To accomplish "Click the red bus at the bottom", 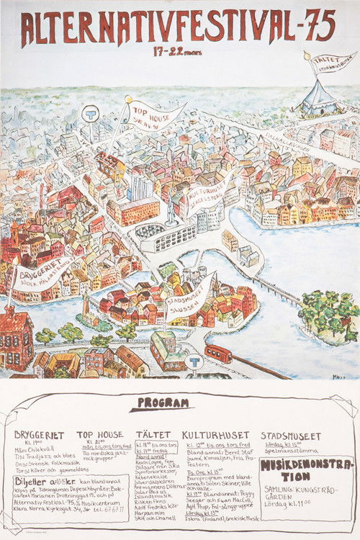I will (x=219, y=354).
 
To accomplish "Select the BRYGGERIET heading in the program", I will (x=39, y=435).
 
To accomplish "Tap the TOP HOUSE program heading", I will (x=99, y=435).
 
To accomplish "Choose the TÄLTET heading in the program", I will (x=153, y=435).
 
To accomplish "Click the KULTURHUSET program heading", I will (x=216, y=435).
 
